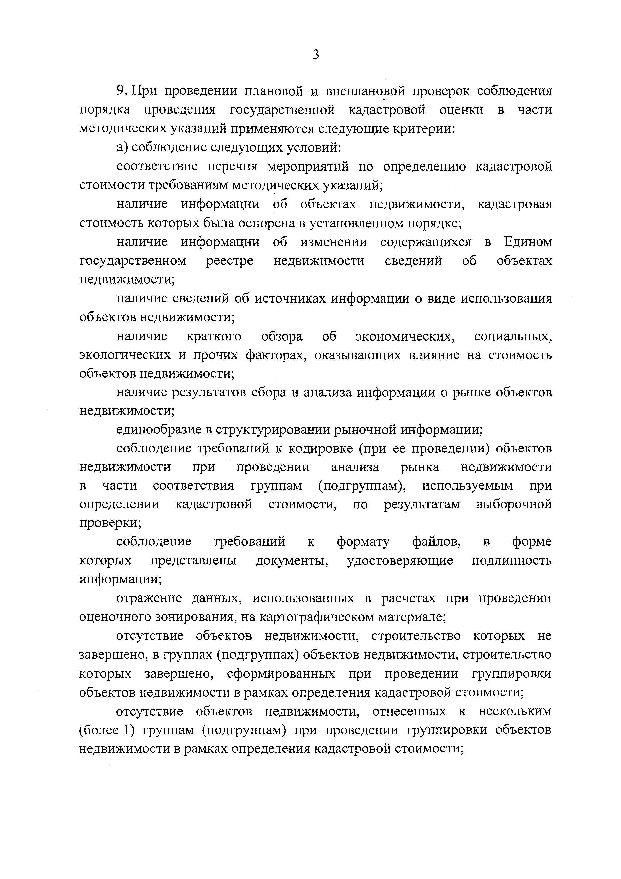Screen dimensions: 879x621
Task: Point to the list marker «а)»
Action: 122,147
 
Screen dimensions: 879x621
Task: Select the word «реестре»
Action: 229,261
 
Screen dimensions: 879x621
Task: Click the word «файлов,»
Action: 436,542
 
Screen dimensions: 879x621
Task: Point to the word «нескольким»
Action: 515,711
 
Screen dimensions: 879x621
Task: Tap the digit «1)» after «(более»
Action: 128,730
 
